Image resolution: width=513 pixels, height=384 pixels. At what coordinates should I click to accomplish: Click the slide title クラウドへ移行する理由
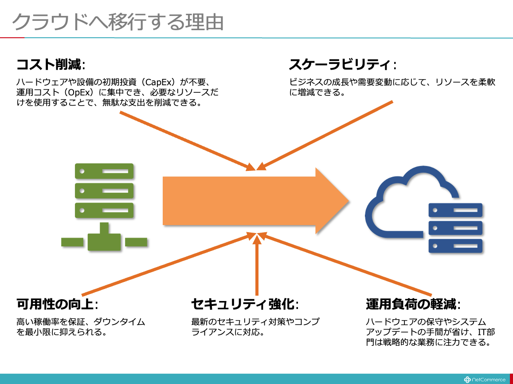117,21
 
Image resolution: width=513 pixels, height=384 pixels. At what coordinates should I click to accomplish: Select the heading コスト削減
49,65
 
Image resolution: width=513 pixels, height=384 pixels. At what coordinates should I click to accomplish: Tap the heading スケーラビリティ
340,65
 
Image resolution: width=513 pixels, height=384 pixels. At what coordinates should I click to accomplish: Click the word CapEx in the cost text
160,82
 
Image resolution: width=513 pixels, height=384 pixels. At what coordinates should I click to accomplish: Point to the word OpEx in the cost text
79,93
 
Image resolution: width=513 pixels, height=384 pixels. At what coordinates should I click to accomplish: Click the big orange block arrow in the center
248,200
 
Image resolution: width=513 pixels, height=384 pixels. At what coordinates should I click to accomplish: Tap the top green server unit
104,171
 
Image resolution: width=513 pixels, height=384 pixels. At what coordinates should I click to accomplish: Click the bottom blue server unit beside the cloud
455,245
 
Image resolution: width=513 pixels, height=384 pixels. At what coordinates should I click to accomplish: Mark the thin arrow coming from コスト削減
186,140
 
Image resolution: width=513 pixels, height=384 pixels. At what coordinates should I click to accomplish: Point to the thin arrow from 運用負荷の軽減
346,265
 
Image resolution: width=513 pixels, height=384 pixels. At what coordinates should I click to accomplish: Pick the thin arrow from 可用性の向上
168,264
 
